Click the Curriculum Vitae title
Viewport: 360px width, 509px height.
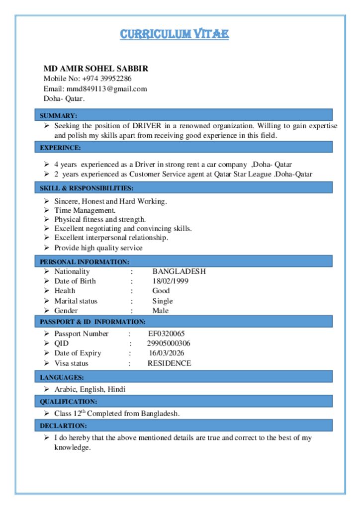(x=174, y=34)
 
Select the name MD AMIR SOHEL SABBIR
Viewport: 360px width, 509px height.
(x=96, y=69)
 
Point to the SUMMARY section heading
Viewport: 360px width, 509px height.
(x=58, y=115)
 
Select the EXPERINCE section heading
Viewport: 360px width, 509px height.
(x=60, y=148)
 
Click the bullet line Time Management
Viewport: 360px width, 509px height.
(x=85, y=210)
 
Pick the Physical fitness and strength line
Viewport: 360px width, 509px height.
(x=100, y=219)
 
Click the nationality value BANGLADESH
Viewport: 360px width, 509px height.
(x=179, y=271)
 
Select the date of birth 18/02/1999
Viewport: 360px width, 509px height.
(x=170, y=281)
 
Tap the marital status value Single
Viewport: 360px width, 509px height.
(x=163, y=301)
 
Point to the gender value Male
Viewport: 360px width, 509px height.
(x=161, y=311)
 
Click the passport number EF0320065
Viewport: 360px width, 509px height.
(x=167, y=334)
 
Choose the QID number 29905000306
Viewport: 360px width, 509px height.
(x=169, y=343)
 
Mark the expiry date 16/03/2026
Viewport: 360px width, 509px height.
(x=167, y=353)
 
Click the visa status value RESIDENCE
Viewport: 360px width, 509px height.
(x=169, y=363)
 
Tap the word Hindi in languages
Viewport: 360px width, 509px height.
(x=116, y=389)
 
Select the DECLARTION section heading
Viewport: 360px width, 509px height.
(x=63, y=426)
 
